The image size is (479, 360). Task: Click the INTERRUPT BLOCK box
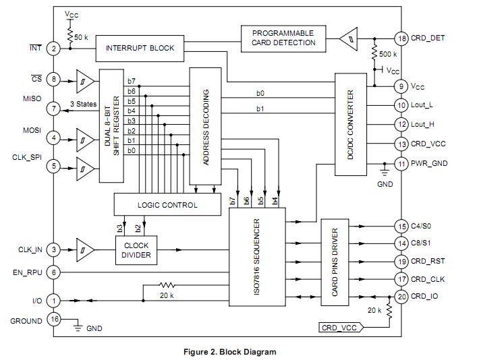click(x=140, y=48)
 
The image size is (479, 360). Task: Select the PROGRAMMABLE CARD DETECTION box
click(x=283, y=38)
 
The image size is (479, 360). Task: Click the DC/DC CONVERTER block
click(x=350, y=125)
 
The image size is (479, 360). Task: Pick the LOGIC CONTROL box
click(x=167, y=204)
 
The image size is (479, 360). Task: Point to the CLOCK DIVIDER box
click(x=137, y=251)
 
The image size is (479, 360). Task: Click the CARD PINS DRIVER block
click(x=335, y=262)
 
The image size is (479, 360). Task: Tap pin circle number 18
click(x=401, y=38)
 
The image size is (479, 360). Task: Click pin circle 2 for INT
click(x=54, y=48)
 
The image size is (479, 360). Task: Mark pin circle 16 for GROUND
click(x=54, y=321)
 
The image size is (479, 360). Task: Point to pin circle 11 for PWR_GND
click(x=401, y=163)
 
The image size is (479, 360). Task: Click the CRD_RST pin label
click(x=428, y=261)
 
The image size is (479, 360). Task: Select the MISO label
click(x=31, y=98)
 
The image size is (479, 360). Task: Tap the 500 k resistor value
click(x=388, y=54)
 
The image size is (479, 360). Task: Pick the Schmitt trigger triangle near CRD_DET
click(x=347, y=38)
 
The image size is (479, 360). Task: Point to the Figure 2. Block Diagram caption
click(x=229, y=351)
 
